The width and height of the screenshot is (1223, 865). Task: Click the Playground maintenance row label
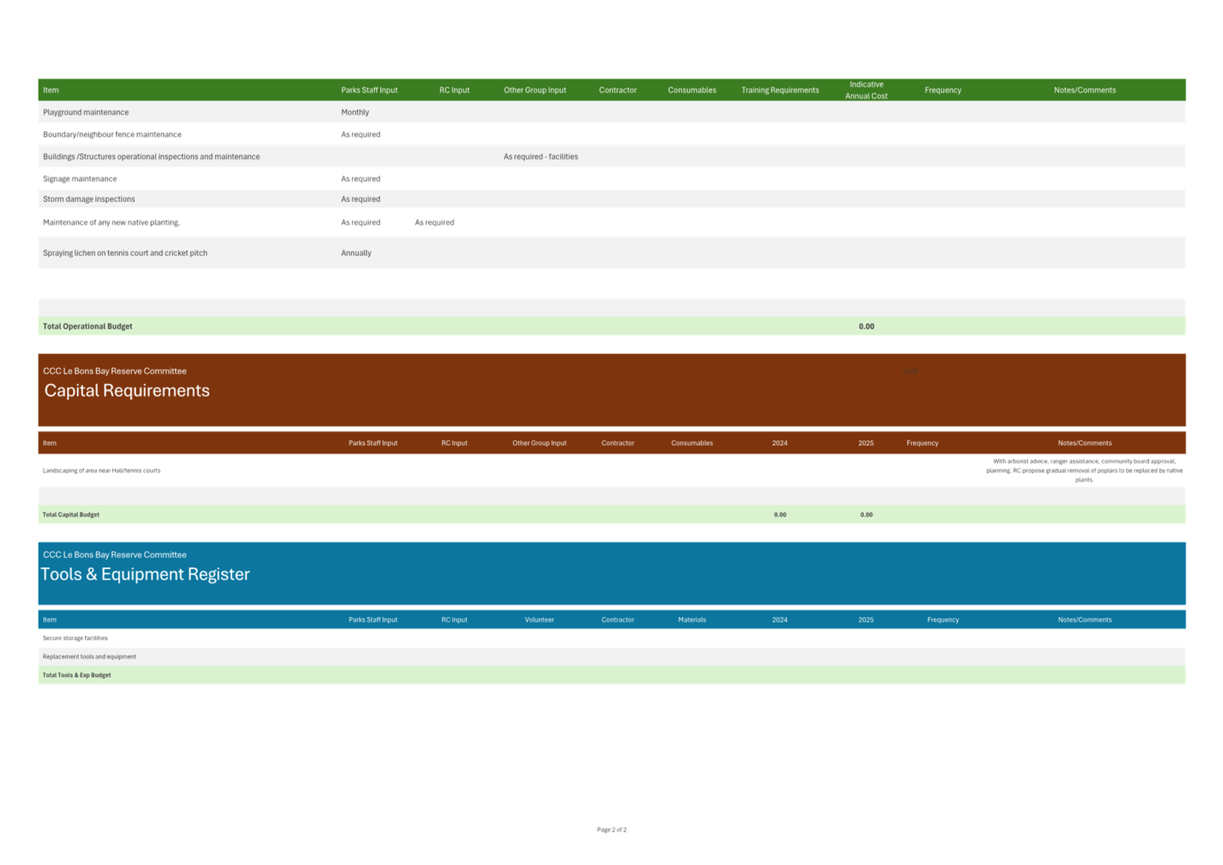coord(86,112)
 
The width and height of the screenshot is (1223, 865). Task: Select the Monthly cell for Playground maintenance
coord(355,112)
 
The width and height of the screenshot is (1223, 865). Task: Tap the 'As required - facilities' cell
coord(540,157)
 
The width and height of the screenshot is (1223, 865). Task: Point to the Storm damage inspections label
coord(89,199)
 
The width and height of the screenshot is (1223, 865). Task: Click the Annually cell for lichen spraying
coord(356,253)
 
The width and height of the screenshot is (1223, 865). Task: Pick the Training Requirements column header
coord(780,90)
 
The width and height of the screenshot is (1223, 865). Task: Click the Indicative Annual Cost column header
coord(866,90)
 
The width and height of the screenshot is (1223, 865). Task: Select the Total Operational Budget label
coord(87,326)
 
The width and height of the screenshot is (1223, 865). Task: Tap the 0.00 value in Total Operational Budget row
coord(866,326)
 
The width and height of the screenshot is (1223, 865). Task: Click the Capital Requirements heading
coord(127,391)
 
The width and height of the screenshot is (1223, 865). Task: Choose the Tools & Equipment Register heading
coord(145,574)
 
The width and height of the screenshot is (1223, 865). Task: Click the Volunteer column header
coord(539,620)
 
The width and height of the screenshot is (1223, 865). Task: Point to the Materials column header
coord(692,620)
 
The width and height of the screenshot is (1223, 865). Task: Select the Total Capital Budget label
coord(71,515)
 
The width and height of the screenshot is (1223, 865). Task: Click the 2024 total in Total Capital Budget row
coord(780,515)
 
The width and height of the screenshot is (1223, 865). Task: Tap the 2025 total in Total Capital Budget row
coord(866,515)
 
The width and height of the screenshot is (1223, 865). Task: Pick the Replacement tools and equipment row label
coord(89,656)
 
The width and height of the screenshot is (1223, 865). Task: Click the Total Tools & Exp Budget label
coord(76,675)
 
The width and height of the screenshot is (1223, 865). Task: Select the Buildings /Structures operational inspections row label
coord(151,157)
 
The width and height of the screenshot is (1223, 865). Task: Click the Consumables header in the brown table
coord(692,443)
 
